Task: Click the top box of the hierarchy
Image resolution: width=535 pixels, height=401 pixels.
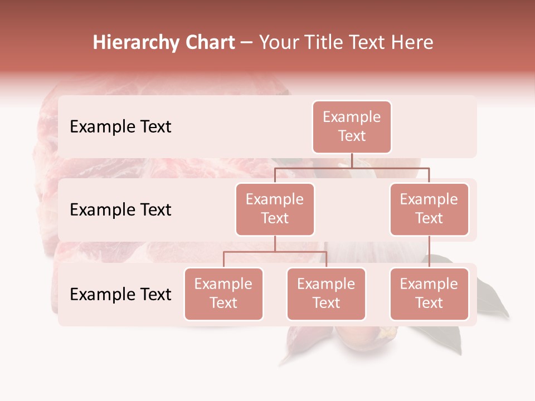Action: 352,126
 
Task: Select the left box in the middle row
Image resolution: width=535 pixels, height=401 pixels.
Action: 275,209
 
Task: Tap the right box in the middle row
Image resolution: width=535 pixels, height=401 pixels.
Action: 429,209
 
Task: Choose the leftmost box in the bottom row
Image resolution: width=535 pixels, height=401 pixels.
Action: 223,294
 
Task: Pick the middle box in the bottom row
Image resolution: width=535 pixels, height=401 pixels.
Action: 326,294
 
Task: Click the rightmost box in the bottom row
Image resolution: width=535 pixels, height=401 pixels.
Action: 429,294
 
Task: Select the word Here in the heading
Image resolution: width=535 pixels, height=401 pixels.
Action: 412,43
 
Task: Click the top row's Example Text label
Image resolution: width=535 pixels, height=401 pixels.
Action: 120,127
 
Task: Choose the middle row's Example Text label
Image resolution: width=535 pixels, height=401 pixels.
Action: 120,210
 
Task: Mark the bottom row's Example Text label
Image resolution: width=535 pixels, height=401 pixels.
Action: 120,295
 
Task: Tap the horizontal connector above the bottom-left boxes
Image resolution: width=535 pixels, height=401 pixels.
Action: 275,252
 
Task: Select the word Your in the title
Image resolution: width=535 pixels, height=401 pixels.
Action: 279,43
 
